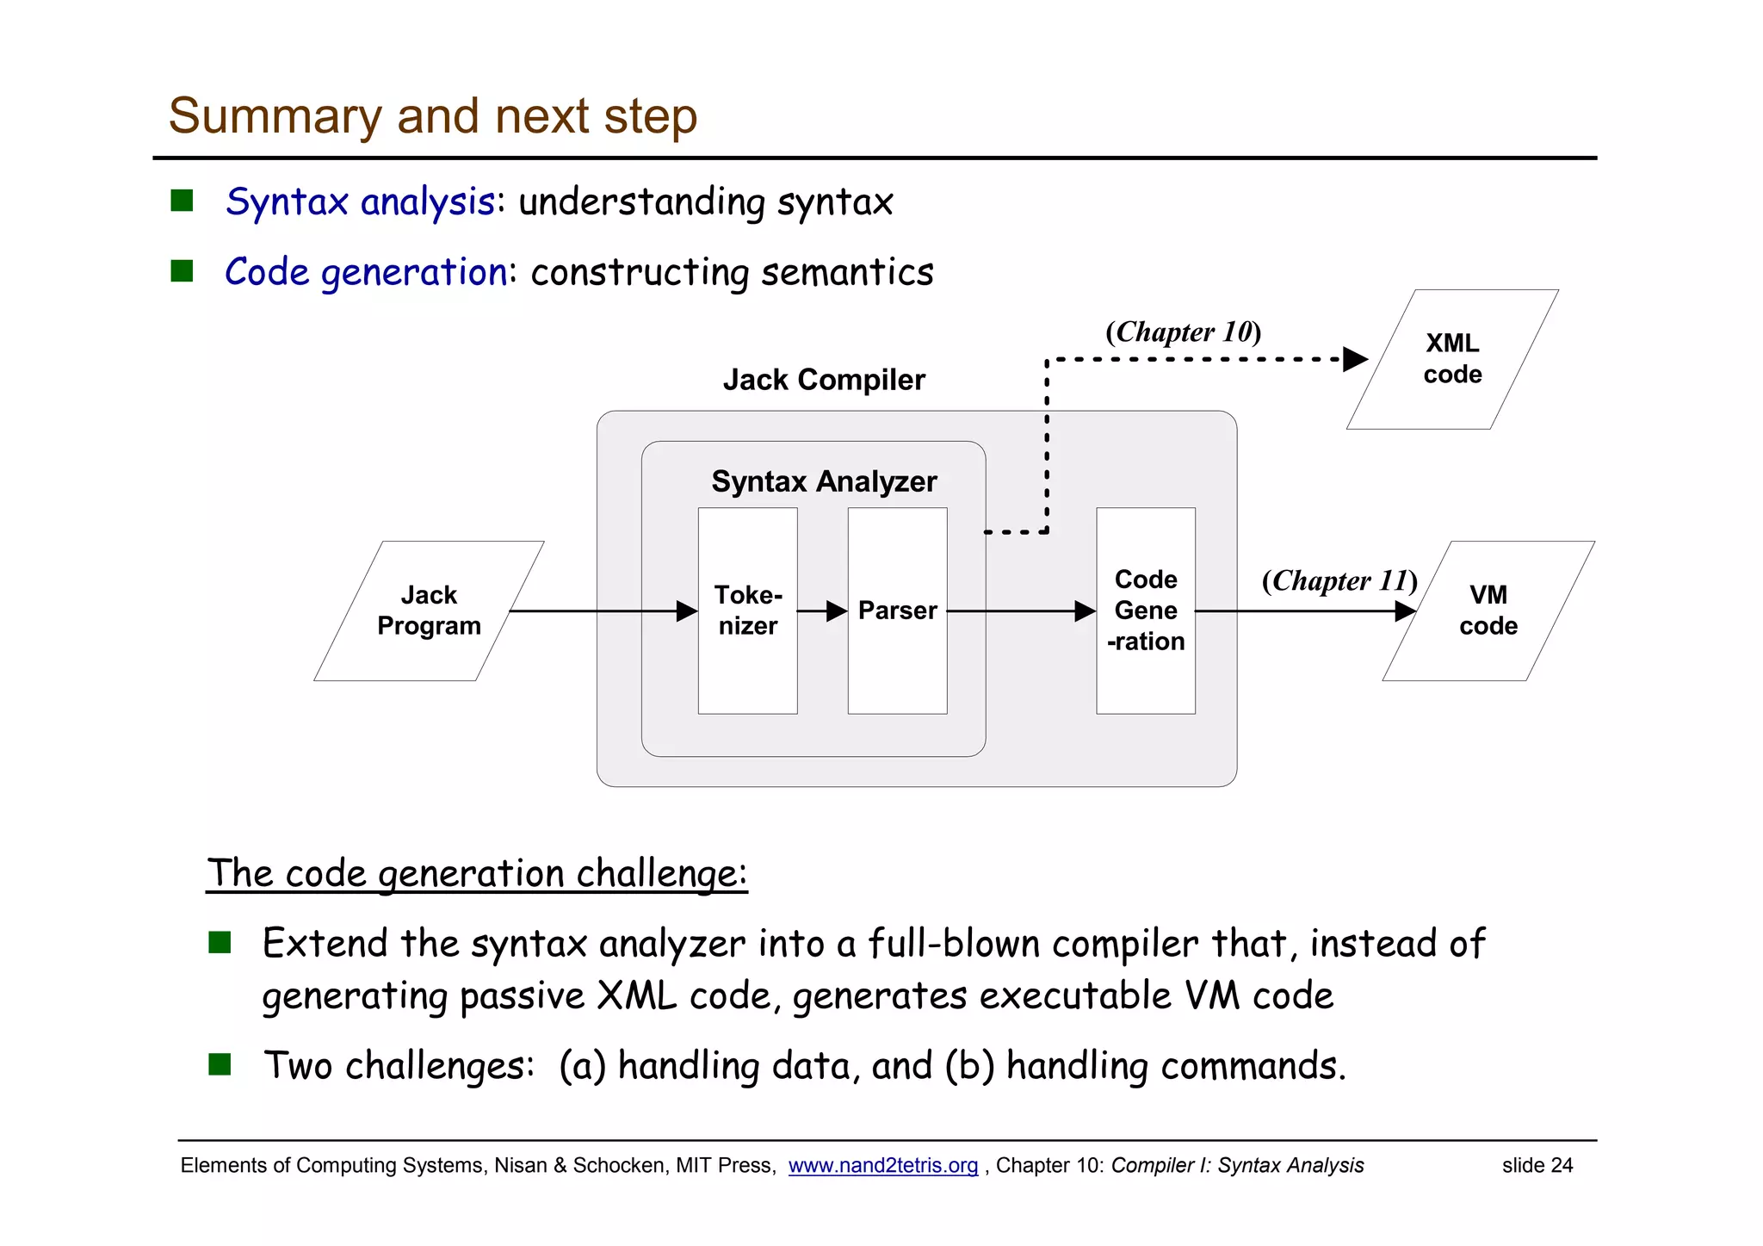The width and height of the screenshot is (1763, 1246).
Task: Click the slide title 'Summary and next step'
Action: coord(432,116)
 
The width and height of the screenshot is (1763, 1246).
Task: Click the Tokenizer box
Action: coord(747,611)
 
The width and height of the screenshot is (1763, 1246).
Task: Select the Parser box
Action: coord(897,611)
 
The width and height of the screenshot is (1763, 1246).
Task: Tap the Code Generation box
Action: coord(1145,611)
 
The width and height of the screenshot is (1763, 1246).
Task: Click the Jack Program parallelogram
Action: coord(429,611)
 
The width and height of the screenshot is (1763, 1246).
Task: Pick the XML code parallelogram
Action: coord(1452,359)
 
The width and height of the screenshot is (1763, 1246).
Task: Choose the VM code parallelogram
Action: coord(1488,611)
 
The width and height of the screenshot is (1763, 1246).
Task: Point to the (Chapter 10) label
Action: coord(1183,332)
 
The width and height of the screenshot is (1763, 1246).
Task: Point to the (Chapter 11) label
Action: coord(1339,580)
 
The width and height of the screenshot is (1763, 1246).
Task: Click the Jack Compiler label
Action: coord(824,380)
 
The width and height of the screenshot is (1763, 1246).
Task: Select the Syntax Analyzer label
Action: coord(824,481)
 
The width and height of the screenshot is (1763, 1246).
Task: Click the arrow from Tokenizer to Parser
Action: coord(822,611)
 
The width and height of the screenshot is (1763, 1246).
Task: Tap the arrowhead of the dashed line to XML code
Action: coord(1355,359)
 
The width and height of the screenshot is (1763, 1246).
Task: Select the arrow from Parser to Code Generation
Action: coord(1020,611)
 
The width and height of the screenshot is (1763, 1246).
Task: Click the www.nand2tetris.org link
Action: coord(882,1165)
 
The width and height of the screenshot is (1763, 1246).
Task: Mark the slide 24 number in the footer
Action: coord(1537,1165)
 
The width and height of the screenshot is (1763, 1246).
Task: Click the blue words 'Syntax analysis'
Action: coord(360,202)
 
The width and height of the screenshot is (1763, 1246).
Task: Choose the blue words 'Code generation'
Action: coord(366,272)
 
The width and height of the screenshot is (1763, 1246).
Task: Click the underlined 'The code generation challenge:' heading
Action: coord(477,873)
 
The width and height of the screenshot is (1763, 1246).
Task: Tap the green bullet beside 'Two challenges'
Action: coord(220,1064)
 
